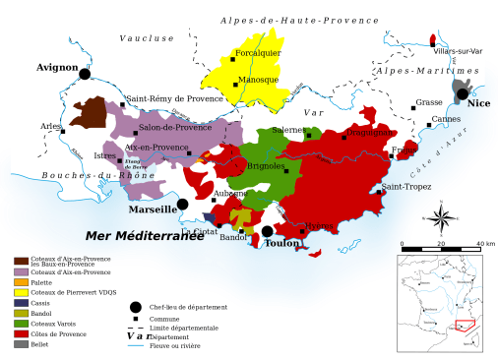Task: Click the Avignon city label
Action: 56,68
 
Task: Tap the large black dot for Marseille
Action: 183,204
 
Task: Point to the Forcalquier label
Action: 258,53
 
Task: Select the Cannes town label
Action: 446,119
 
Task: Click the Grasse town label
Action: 429,102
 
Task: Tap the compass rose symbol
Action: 443,217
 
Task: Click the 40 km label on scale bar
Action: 484,244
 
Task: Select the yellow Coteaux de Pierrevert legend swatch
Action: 21,292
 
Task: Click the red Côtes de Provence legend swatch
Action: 21,333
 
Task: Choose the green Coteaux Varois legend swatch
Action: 21,324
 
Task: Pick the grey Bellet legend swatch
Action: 21,344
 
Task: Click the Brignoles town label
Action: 266,166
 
